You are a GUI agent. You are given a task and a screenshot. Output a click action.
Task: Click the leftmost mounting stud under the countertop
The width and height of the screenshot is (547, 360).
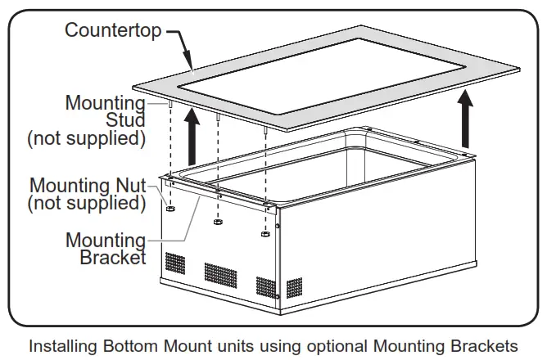[x=168, y=106]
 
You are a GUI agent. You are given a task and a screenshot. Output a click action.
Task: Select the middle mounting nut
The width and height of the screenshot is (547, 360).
[x=218, y=222]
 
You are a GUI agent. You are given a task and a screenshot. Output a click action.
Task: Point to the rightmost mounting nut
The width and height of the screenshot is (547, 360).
[x=265, y=235]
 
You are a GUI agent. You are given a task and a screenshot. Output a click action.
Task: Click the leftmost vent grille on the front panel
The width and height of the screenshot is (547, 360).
[x=174, y=263]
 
